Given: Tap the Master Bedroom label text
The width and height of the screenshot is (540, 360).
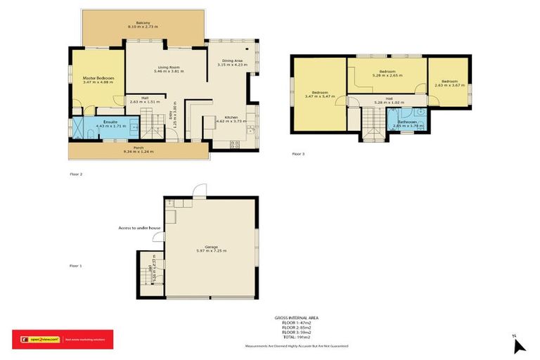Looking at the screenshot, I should pyautogui.click(x=98, y=78).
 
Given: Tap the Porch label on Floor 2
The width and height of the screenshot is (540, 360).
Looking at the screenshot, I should pyautogui.click(x=138, y=147).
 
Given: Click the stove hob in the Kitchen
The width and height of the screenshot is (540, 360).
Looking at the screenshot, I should pyautogui.click(x=235, y=144).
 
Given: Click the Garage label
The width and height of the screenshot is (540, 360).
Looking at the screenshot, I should pyautogui.click(x=211, y=247).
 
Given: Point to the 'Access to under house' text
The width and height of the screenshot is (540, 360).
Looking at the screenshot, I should pyautogui.click(x=139, y=229).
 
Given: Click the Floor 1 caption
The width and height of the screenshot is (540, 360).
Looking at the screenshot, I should pyautogui.click(x=75, y=266).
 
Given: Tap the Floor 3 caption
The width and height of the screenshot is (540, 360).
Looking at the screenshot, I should pyautogui.click(x=298, y=153).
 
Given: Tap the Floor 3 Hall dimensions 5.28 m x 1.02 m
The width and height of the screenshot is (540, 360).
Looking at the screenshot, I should pyautogui.click(x=388, y=102).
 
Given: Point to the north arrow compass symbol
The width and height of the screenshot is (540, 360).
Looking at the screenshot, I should pyautogui.click(x=518, y=345).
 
